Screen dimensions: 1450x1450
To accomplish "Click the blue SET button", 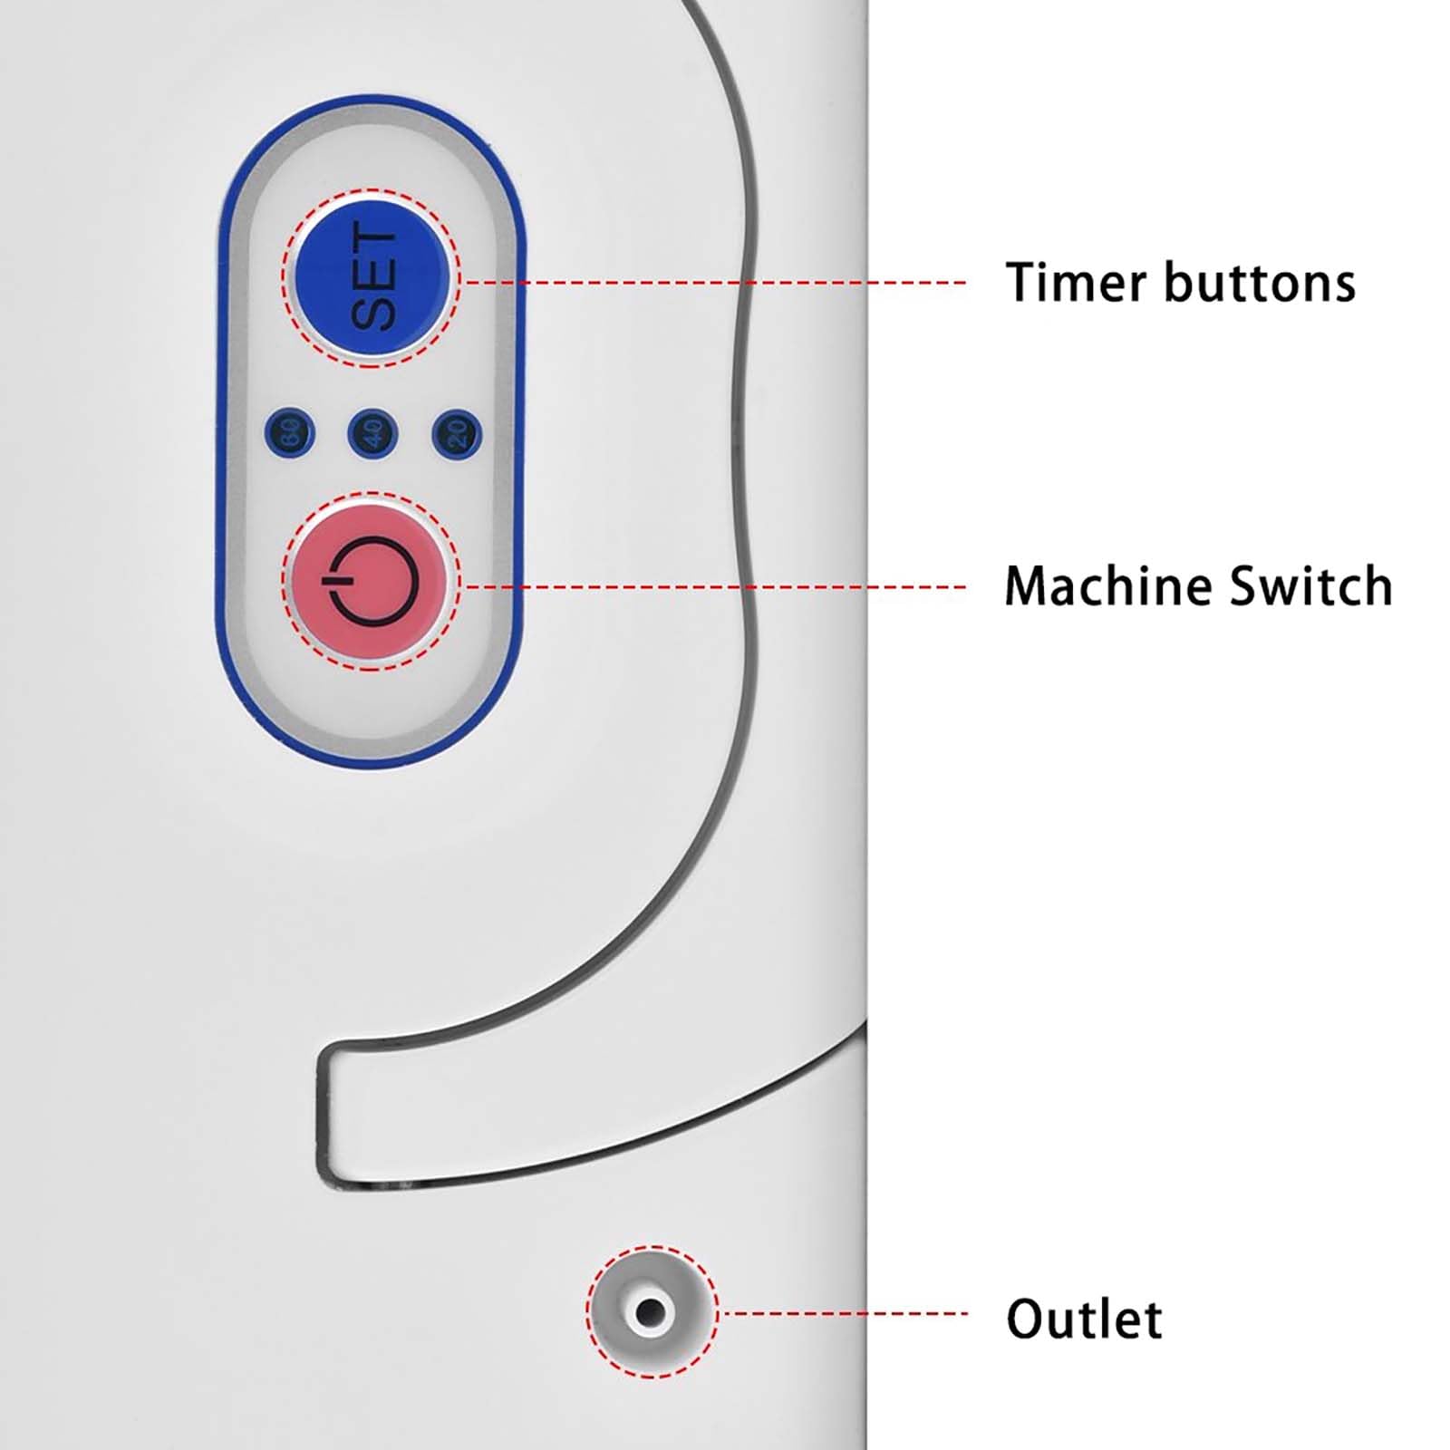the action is click(372, 276).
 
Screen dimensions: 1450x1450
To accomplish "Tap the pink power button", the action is click(372, 580).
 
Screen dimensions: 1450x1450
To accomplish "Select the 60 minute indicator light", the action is click(290, 433).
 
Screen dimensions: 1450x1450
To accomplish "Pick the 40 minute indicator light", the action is click(372, 433).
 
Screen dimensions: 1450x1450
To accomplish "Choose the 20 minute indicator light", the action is click(457, 433).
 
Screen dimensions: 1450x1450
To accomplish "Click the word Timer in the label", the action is click(1077, 282).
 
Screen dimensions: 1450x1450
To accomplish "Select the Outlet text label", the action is click(1084, 1319).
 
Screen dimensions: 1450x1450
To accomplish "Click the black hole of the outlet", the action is click(650, 1311).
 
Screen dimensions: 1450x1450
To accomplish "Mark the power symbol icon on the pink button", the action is click(372, 580).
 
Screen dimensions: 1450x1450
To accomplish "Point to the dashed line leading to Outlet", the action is click(843, 1313).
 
